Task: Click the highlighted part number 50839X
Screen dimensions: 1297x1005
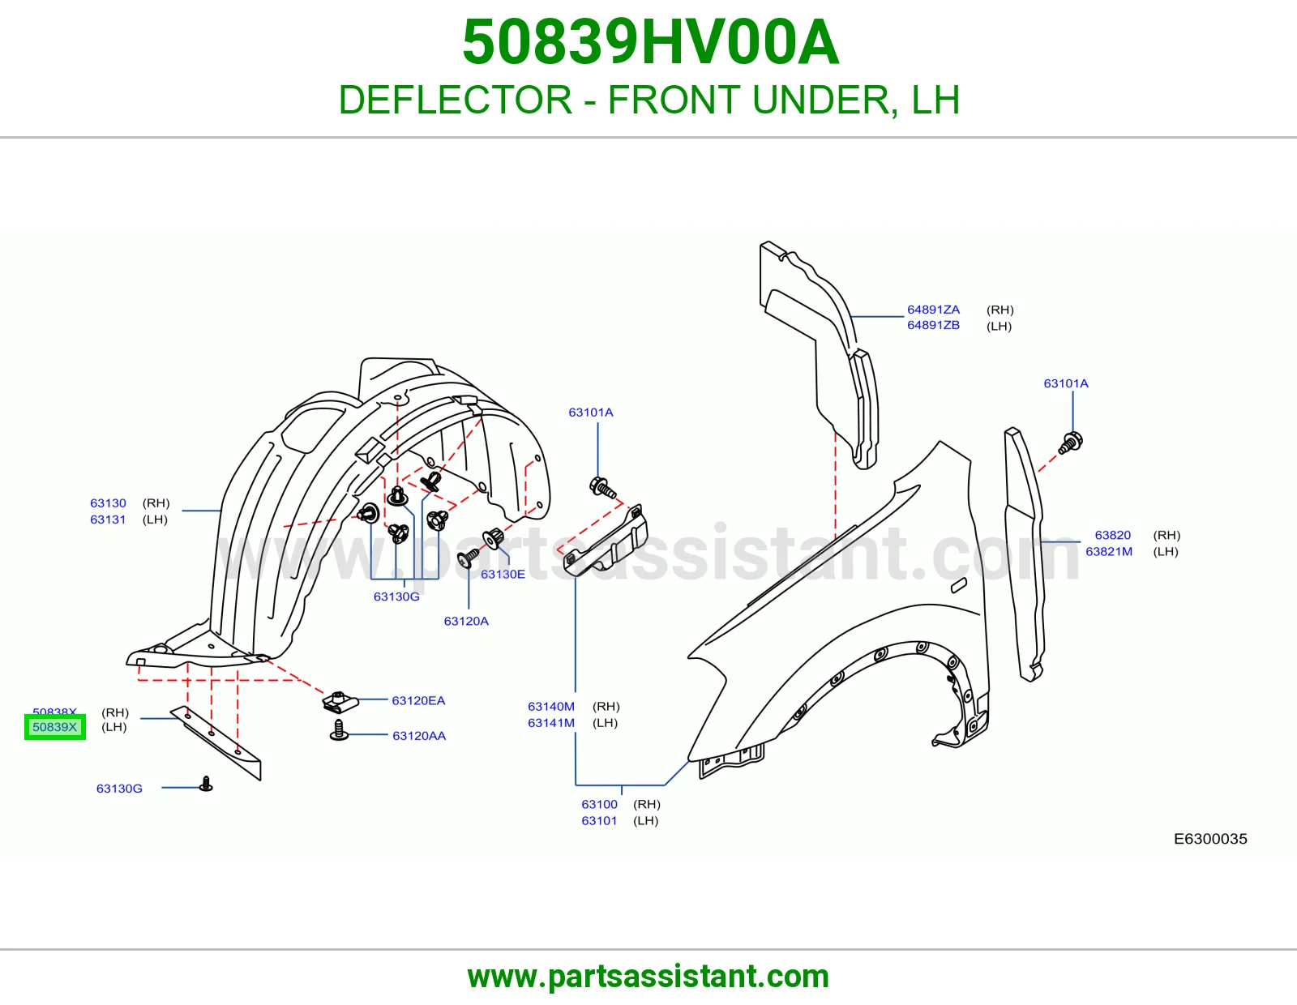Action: [54, 727]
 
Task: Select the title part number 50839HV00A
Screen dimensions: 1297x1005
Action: [651, 42]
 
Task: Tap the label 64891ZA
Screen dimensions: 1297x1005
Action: [933, 309]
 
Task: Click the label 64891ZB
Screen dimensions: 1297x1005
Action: [933, 325]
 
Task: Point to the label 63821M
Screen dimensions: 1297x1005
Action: [1108, 551]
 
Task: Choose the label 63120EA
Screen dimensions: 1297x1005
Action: [418, 700]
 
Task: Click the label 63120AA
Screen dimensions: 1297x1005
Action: [419, 736]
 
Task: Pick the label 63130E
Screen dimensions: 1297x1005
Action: [503, 574]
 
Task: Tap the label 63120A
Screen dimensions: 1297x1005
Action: [466, 621]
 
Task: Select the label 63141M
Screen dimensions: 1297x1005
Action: [551, 723]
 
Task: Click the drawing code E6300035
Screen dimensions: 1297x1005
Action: [1210, 839]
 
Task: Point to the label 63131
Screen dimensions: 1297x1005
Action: [108, 520]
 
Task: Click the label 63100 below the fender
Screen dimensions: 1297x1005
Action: [599, 804]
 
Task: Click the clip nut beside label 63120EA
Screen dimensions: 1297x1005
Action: [339, 702]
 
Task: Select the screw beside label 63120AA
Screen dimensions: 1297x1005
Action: [339, 730]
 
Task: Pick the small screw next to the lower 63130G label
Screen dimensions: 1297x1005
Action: [206, 784]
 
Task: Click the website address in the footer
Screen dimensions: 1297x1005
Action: [648, 977]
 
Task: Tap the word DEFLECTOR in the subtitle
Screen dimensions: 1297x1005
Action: [456, 100]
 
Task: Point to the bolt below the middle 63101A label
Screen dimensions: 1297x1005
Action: [602, 487]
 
